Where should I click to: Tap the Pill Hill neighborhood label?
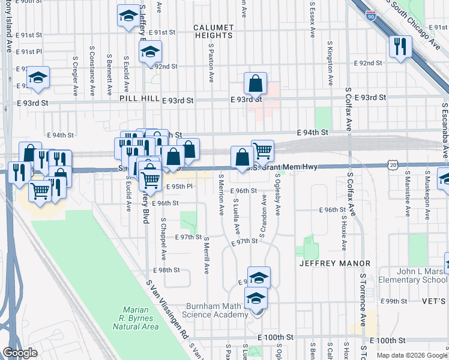point(139,98)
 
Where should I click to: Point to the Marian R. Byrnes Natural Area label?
point(136,318)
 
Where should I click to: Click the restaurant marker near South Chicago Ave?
point(399,47)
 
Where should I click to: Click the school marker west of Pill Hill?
point(38,77)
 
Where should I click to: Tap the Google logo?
point(20,353)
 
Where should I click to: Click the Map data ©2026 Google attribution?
point(412,355)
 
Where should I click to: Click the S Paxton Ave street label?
point(212,61)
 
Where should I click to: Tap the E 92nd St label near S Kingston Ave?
point(368,63)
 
